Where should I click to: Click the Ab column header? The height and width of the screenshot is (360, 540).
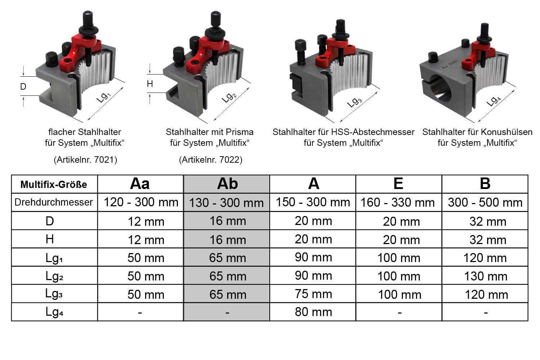coord(227,184)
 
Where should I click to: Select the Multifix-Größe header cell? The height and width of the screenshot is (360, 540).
coord(54,184)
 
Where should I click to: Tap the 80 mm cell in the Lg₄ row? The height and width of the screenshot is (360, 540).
coord(314,312)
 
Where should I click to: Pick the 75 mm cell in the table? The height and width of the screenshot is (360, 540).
coord(314,294)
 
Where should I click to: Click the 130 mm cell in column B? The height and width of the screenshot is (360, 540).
coord(486,276)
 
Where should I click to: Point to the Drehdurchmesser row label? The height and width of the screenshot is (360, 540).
coord(54,202)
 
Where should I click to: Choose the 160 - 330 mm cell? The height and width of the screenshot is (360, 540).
coord(397,202)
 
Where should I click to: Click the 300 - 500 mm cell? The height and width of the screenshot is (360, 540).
coord(485,202)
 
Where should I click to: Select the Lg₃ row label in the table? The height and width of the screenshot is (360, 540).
coord(54,294)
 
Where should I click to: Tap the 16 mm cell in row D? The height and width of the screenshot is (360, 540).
coord(228,221)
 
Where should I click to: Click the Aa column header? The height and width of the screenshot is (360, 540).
coord(140,184)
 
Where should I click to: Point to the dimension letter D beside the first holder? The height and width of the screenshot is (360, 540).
coord(23,86)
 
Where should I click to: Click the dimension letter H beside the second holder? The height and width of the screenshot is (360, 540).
coord(150,84)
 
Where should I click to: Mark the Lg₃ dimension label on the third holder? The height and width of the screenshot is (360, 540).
coord(354,102)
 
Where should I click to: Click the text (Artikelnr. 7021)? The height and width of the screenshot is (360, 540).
coord(85,159)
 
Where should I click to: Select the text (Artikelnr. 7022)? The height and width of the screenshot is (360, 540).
coord(211,159)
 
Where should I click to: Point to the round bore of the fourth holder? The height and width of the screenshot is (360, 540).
coord(440,88)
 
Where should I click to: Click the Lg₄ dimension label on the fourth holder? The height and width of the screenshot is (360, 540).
coord(493,101)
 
